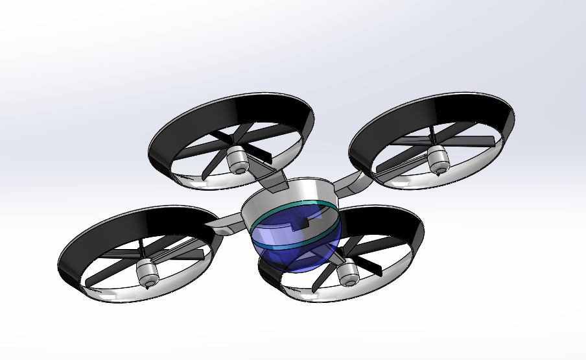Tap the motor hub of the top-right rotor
click(x=438, y=158)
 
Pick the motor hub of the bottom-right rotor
click(x=348, y=272)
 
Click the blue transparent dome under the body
click(x=295, y=256)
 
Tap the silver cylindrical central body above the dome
click(x=285, y=195)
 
